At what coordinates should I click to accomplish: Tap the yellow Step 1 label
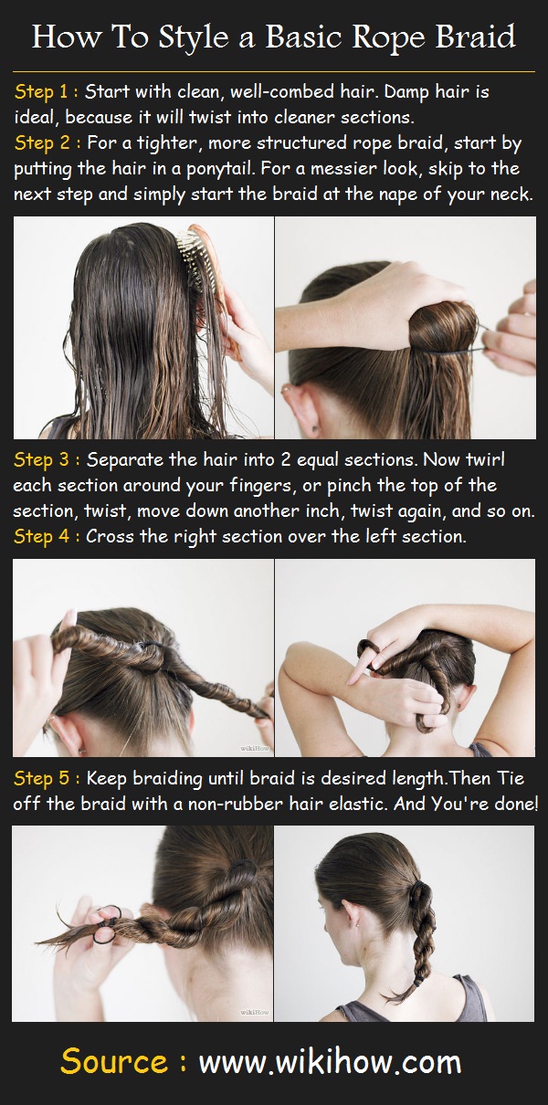coord(46,92)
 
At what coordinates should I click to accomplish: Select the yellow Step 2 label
coord(46,143)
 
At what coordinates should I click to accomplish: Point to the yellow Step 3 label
coord(46,459)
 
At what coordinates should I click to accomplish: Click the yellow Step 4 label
coord(46,536)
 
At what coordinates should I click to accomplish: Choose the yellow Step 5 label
coord(46,778)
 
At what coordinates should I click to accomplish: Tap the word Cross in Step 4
coord(110,536)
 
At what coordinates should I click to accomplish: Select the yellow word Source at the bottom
coord(114,1063)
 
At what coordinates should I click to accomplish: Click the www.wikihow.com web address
coord(330,1063)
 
